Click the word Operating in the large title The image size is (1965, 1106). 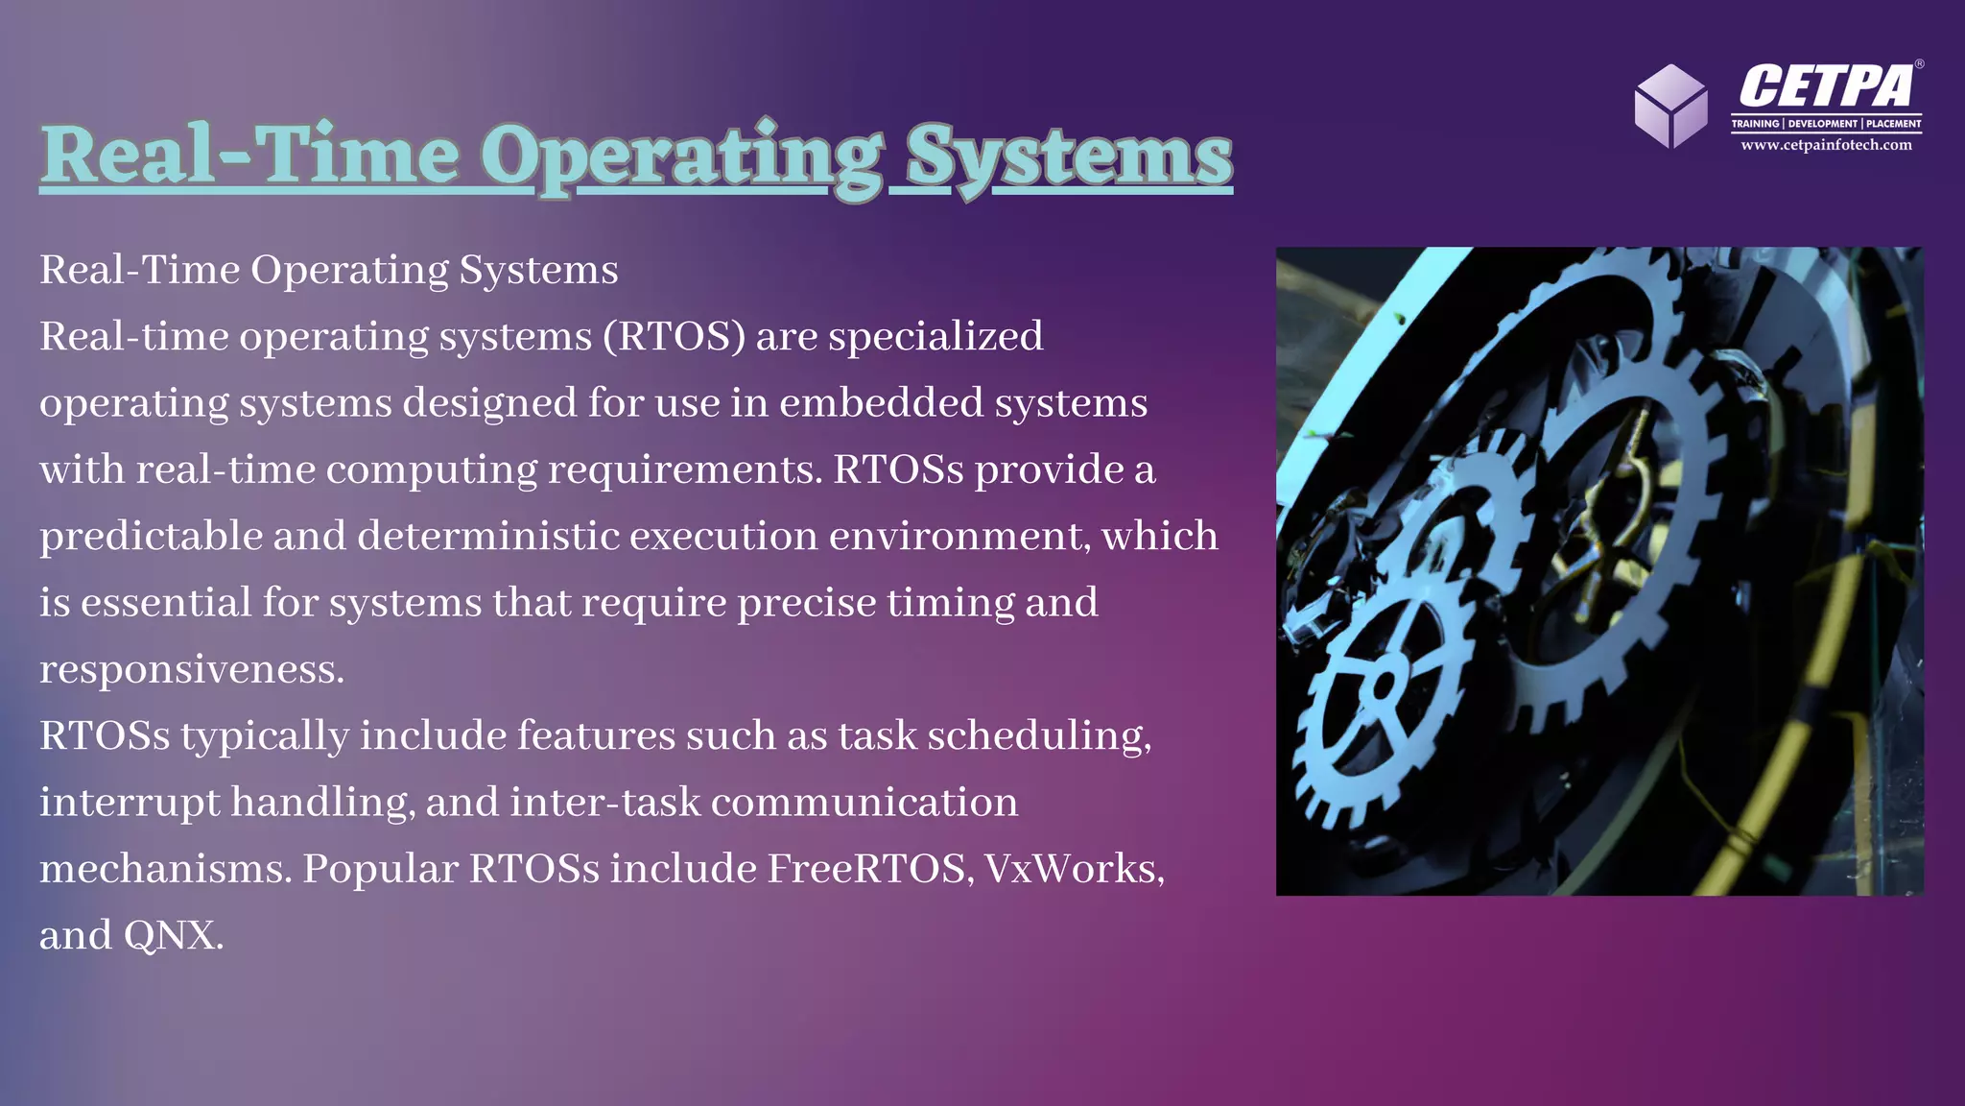(x=681, y=156)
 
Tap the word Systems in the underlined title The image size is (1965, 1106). (x=1068, y=156)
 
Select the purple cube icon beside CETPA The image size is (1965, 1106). (x=1670, y=106)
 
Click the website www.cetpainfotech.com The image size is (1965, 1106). (x=1826, y=145)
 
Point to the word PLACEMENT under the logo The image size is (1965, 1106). (x=1893, y=124)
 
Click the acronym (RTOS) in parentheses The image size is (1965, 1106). (x=674, y=337)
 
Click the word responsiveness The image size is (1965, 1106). (x=191, y=669)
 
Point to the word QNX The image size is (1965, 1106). (x=173, y=935)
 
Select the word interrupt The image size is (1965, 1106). (x=129, y=803)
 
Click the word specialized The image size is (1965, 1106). (x=935, y=337)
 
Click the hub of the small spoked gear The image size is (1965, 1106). (x=1383, y=685)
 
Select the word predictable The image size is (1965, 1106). (x=151, y=536)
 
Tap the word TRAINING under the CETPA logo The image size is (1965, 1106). (x=1755, y=124)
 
